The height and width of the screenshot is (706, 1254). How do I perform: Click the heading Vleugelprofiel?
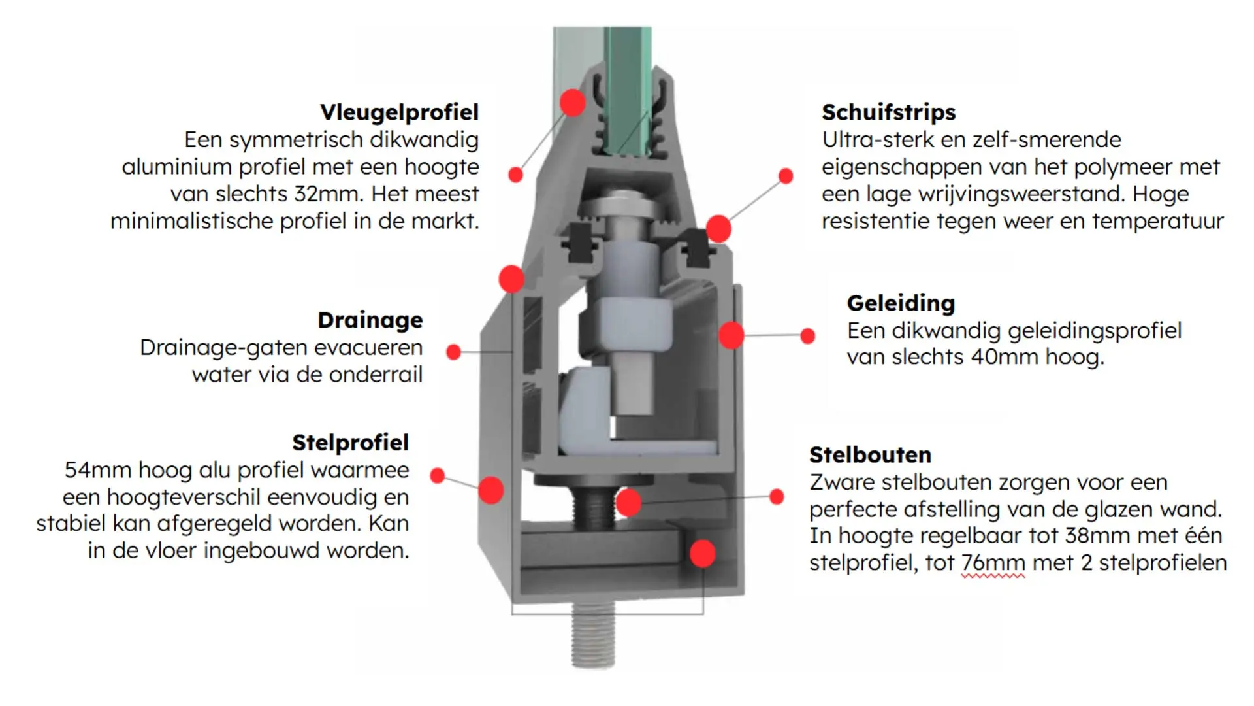(x=399, y=112)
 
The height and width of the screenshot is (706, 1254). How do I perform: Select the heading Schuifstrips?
(x=888, y=112)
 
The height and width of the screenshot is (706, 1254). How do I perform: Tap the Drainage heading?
(x=370, y=320)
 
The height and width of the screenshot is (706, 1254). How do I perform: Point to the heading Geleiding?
(x=901, y=303)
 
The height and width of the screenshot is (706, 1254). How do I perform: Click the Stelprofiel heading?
(x=350, y=443)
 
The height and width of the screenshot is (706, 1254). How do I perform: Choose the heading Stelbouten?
(x=870, y=455)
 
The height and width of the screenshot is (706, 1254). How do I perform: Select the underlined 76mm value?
(x=993, y=563)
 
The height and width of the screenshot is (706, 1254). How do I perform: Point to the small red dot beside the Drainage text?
(x=453, y=352)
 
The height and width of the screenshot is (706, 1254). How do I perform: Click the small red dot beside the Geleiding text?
(x=808, y=336)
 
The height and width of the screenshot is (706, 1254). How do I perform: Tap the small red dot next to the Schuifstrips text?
(x=786, y=176)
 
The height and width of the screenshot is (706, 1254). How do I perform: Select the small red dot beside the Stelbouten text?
(x=777, y=497)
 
